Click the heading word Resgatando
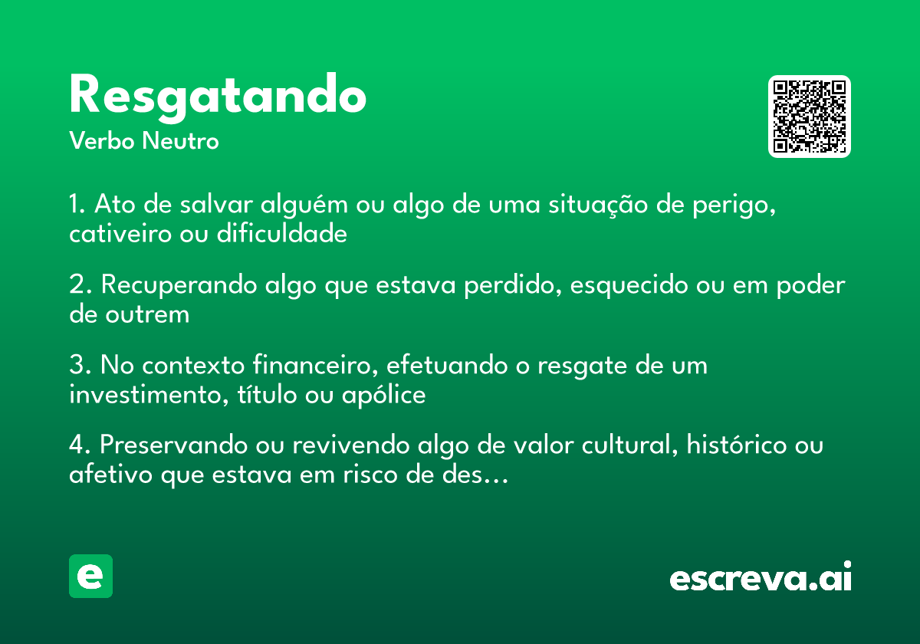[x=218, y=96]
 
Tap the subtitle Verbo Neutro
[x=143, y=141]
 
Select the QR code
[x=809, y=117]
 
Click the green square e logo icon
[x=90, y=576]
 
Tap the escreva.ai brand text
[x=761, y=578]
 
